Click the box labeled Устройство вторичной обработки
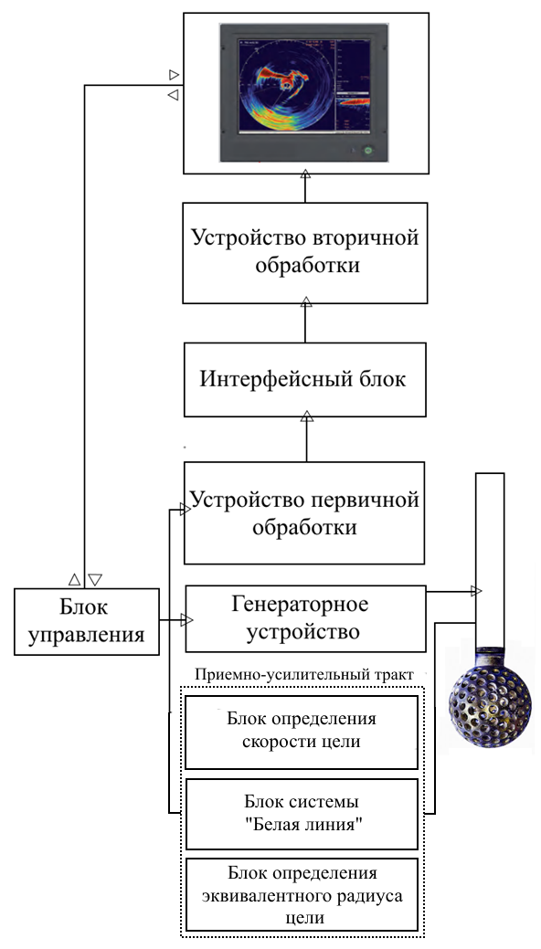(x=304, y=253)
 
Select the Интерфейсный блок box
(x=304, y=379)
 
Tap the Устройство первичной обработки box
(x=304, y=513)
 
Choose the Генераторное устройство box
(x=305, y=618)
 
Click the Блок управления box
(x=87, y=622)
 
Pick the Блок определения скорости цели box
(x=302, y=733)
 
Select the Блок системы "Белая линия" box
(x=302, y=814)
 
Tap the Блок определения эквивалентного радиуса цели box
(x=302, y=894)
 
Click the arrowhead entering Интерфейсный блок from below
(x=307, y=417)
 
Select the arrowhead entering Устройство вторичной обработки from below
(x=306, y=302)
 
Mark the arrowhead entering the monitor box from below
(x=305, y=174)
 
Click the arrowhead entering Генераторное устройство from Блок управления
(x=186, y=620)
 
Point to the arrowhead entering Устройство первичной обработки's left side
(x=185, y=510)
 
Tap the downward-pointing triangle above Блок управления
(x=94, y=580)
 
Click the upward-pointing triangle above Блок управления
(x=75, y=580)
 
